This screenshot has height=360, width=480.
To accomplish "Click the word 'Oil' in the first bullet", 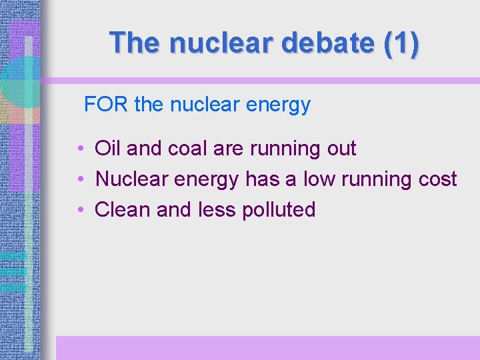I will tap(108, 148).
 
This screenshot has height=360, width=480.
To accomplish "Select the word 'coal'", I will tap(185, 148).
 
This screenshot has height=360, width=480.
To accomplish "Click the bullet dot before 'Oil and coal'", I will tap(79, 149).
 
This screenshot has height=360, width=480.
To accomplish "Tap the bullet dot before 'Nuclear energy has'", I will tap(79, 179).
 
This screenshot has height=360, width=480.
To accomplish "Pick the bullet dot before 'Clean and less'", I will tap(79, 210).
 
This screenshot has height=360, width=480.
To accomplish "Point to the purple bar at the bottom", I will tap(267, 347).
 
